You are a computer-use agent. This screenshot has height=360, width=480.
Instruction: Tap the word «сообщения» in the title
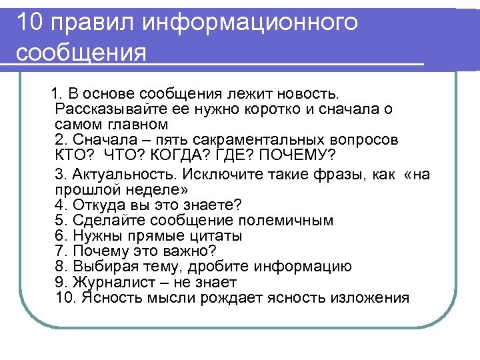tap(81, 53)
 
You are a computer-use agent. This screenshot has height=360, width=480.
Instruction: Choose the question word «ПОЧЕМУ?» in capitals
tap(296, 156)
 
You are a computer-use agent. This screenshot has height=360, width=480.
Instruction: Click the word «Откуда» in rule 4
tap(97, 205)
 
